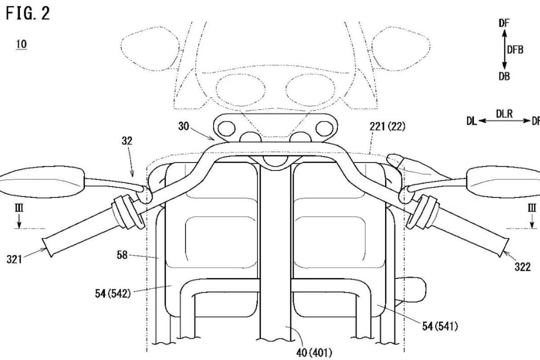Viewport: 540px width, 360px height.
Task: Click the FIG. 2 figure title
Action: pos(28,13)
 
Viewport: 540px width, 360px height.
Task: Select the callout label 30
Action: pos(184,127)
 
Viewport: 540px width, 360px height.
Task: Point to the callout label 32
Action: pos(127,141)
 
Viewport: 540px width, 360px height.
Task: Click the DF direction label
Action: pos(504,23)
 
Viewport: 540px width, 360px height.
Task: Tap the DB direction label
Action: pos(504,76)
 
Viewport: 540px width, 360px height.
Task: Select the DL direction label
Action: pos(472,121)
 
